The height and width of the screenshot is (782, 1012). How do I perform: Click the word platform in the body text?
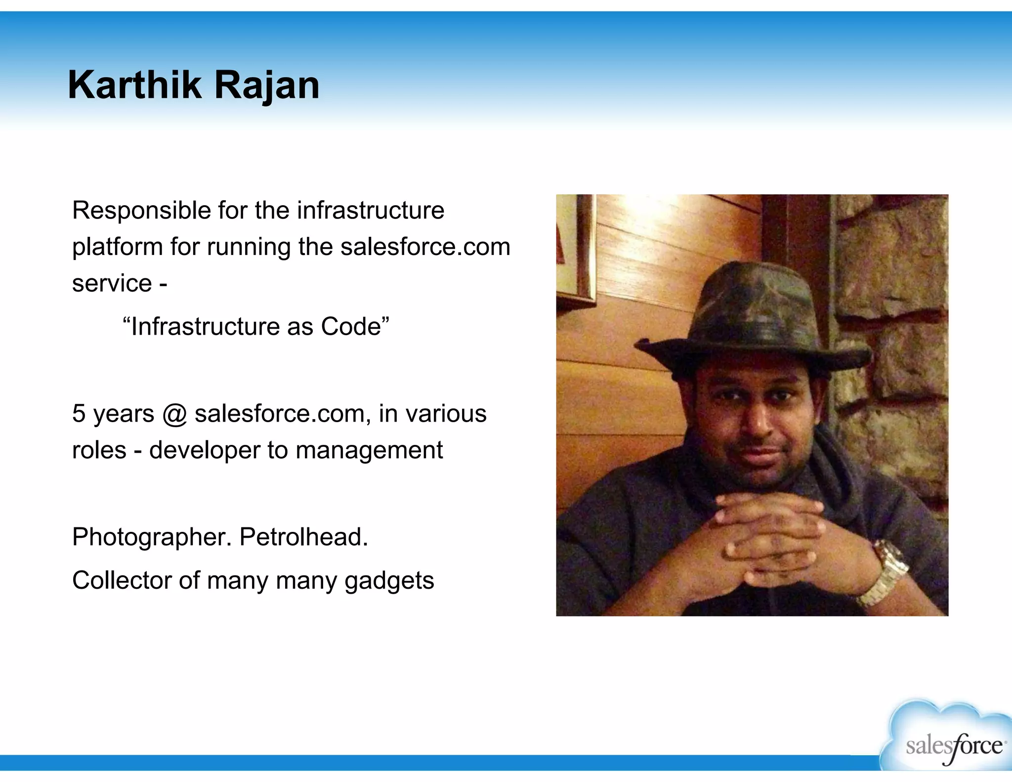point(117,247)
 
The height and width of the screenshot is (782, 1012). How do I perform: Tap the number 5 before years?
point(79,413)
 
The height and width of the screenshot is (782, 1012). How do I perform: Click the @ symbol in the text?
point(174,414)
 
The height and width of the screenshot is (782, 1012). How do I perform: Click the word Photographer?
point(152,537)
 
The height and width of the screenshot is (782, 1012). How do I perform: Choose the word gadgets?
point(389,581)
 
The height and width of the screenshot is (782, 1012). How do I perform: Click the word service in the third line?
point(112,284)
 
